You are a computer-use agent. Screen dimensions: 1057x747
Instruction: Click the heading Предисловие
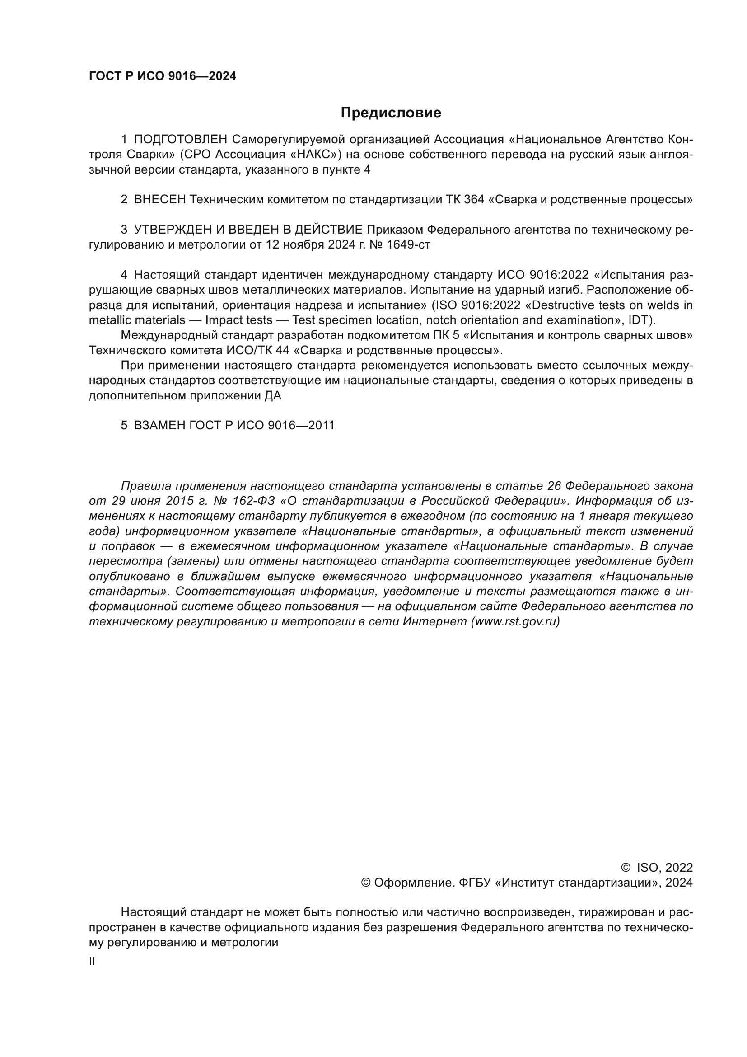click(391, 113)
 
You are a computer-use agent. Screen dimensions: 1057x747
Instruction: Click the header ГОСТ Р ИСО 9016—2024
click(163, 76)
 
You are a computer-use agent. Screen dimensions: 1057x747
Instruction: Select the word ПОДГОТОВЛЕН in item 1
click(181, 140)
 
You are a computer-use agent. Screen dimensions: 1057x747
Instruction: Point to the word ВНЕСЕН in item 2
click(159, 200)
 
